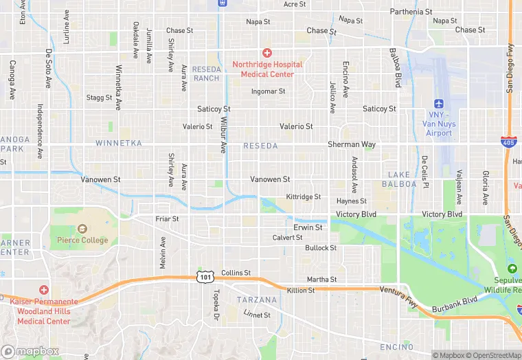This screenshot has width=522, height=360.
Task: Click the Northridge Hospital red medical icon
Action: point(266,53)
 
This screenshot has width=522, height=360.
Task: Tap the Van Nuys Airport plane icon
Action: point(438,103)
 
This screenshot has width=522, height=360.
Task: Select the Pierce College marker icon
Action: point(82,229)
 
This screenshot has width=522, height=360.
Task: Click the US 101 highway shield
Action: point(204,276)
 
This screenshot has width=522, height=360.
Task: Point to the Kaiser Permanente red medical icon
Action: point(44,290)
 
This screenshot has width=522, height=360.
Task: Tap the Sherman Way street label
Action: point(352,145)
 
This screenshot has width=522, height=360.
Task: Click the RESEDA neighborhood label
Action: point(260,146)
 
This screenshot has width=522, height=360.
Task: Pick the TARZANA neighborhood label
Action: point(256,300)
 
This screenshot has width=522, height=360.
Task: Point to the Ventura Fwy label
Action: point(398,291)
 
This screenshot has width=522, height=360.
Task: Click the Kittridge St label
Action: point(304,196)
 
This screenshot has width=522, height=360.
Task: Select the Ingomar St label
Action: point(268,91)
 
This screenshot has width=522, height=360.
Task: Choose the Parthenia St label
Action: point(411,12)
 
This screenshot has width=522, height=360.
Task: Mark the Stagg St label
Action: point(100,98)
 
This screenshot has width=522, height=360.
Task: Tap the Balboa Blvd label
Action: point(395,67)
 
